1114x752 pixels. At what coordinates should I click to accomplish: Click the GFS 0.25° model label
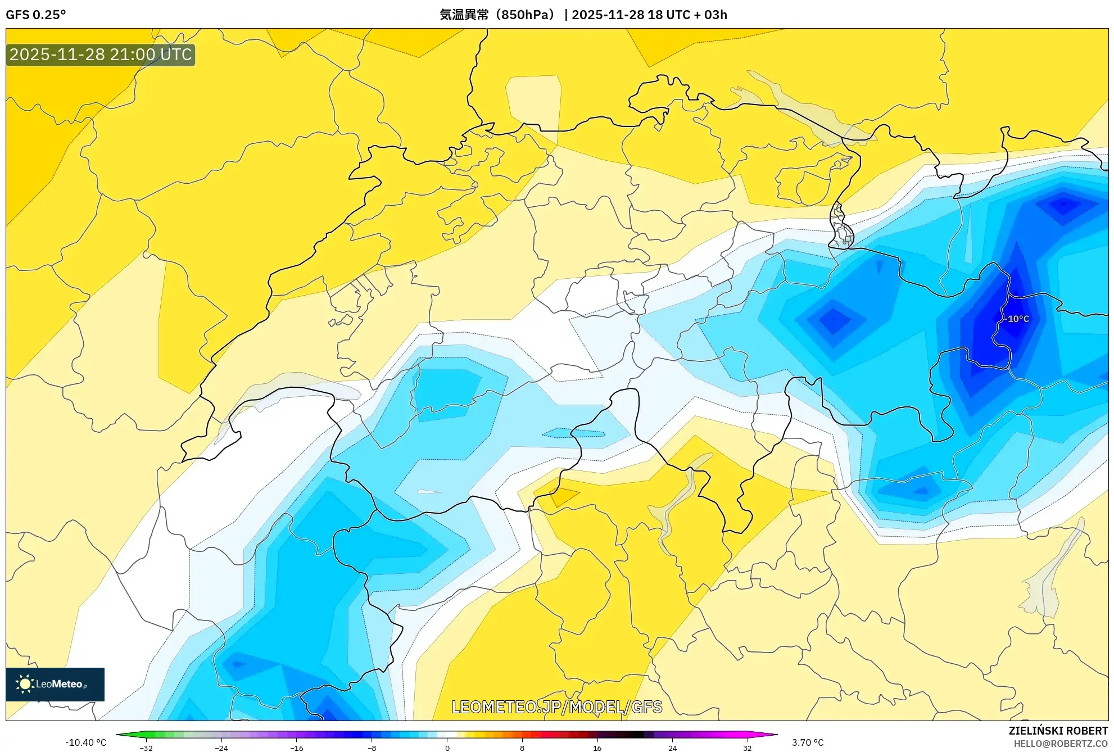tap(36, 15)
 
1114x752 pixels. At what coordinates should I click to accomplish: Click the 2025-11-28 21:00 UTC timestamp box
tap(101, 55)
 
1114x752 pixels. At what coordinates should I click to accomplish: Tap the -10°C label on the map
tap(1018, 319)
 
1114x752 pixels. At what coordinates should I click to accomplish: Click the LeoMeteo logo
tap(55, 684)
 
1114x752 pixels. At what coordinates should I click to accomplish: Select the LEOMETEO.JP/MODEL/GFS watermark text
tap(556, 706)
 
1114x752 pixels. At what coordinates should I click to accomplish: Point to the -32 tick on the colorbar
tap(146, 748)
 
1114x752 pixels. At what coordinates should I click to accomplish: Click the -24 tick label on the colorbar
tap(221, 748)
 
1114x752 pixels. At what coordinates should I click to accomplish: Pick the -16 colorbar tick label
tap(297, 748)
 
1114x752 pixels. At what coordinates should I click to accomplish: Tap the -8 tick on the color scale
tap(372, 748)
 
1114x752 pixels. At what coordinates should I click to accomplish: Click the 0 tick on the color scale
tap(447, 748)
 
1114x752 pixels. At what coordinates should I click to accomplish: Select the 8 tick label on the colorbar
tap(522, 748)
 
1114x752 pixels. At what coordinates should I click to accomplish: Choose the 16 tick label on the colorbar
tap(597, 748)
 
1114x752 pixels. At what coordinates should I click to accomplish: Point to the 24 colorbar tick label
tap(673, 748)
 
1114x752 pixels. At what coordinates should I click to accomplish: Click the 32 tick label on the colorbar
tap(748, 748)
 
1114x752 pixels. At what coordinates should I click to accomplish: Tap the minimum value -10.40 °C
tap(85, 742)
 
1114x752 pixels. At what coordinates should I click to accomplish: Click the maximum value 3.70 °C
tap(808, 742)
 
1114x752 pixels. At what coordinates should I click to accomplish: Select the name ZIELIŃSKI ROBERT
tap(1058, 731)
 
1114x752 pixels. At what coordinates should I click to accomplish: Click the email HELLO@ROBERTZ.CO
tap(1061, 744)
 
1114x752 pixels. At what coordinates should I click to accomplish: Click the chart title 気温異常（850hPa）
tap(497, 15)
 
